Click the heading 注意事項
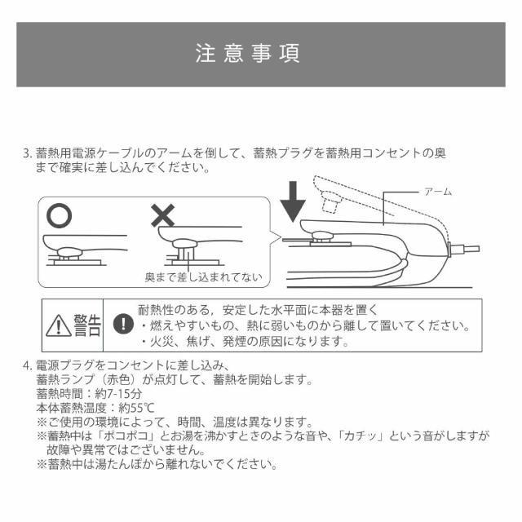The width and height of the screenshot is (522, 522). click(x=248, y=53)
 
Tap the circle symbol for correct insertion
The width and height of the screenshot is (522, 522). click(x=59, y=215)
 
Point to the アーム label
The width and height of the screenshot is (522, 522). click(x=437, y=191)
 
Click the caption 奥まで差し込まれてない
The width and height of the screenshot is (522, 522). click(x=203, y=277)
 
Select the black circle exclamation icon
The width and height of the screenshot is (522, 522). click(x=122, y=323)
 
